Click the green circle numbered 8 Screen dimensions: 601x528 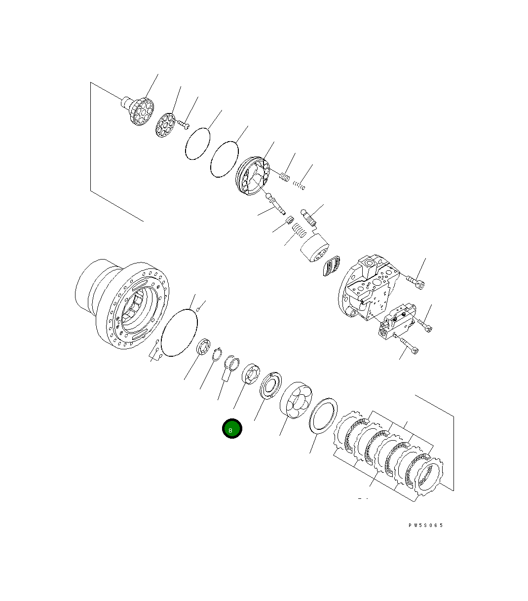coord(231,429)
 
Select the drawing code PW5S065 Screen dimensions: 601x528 coord(425,525)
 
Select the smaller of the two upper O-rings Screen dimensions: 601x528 coord(198,144)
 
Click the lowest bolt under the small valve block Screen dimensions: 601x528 coord(407,345)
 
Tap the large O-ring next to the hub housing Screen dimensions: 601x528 coord(179,332)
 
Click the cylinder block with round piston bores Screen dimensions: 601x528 coord(296,400)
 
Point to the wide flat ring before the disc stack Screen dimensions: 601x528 coord(323,415)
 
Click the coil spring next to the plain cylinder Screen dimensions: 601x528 coord(297,230)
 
